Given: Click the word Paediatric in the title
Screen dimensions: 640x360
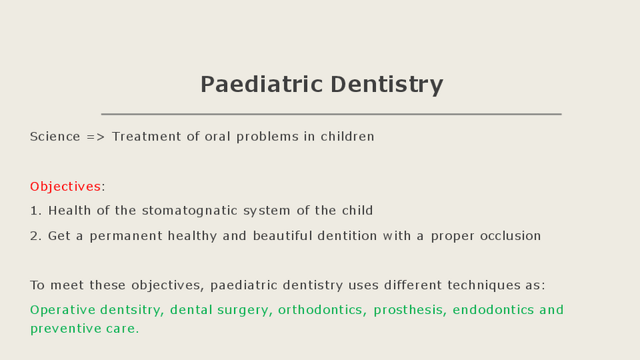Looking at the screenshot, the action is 262,84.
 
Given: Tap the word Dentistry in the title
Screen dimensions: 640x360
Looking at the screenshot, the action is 386,85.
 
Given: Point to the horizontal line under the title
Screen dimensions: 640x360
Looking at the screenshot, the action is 331,114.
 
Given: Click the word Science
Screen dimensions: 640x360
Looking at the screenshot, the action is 55,137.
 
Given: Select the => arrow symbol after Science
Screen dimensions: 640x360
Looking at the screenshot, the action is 96,137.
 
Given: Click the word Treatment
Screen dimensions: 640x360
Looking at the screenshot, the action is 146,137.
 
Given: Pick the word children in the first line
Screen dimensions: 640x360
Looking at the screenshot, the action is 347,137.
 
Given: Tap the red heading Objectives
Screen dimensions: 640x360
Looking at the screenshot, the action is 66,186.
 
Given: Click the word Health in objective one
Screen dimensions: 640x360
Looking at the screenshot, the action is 69,211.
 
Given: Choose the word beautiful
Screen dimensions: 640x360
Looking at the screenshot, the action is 282,236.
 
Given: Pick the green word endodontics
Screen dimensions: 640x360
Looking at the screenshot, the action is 493,309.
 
